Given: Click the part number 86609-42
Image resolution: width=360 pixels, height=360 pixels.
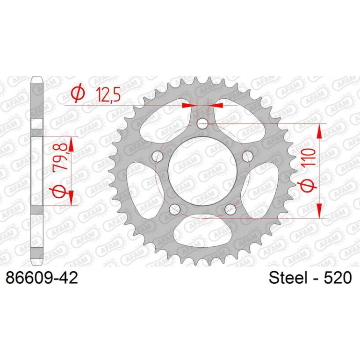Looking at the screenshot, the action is (x=42, y=278).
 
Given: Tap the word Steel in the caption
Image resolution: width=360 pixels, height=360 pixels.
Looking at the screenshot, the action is (x=288, y=278).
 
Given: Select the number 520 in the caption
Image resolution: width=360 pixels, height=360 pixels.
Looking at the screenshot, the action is (x=338, y=278).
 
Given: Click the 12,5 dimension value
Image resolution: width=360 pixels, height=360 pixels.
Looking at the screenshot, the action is (x=108, y=94).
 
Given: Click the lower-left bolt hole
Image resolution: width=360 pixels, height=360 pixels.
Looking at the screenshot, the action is (x=174, y=209).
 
